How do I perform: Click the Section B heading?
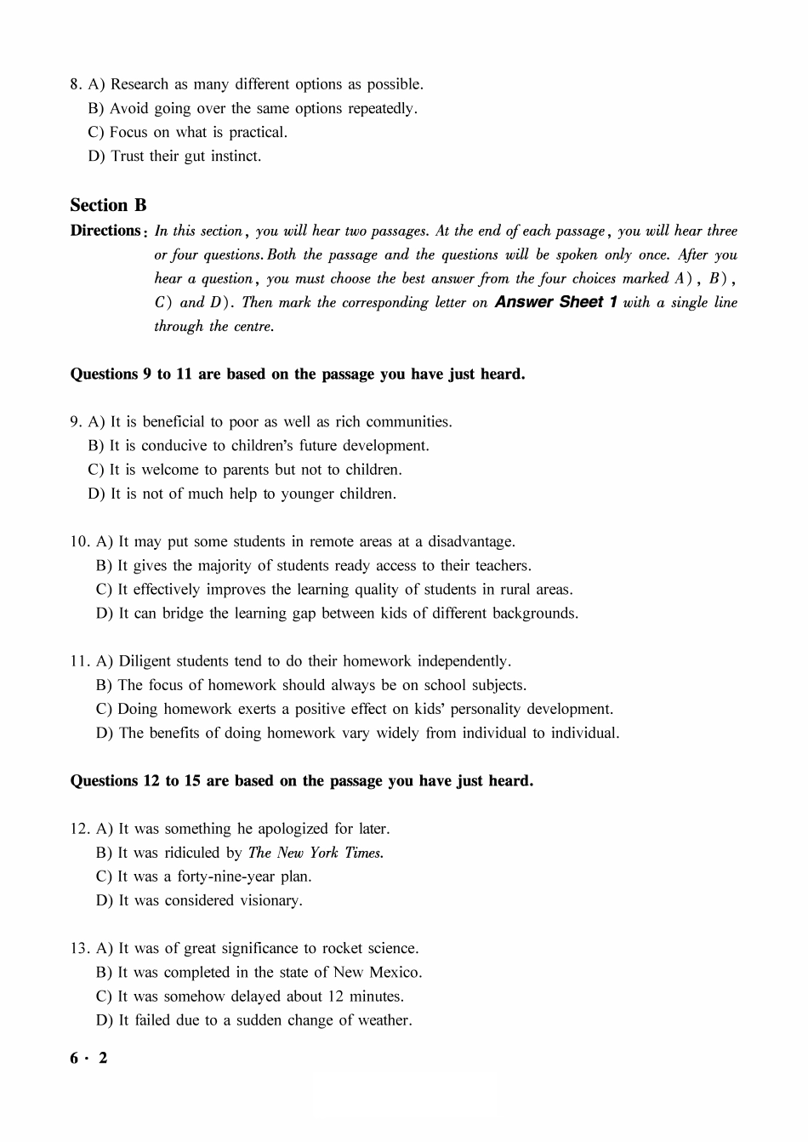[108, 205]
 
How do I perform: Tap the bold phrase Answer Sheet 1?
[555, 302]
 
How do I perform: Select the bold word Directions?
[105, 231]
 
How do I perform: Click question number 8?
[76, 84]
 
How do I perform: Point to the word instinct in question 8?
[233, 156]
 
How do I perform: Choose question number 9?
[76, 422]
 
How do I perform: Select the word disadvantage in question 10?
[471, 542]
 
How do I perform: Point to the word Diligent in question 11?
[150, 661]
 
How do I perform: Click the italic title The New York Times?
[316, 853]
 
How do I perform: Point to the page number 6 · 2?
[89, 1059]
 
